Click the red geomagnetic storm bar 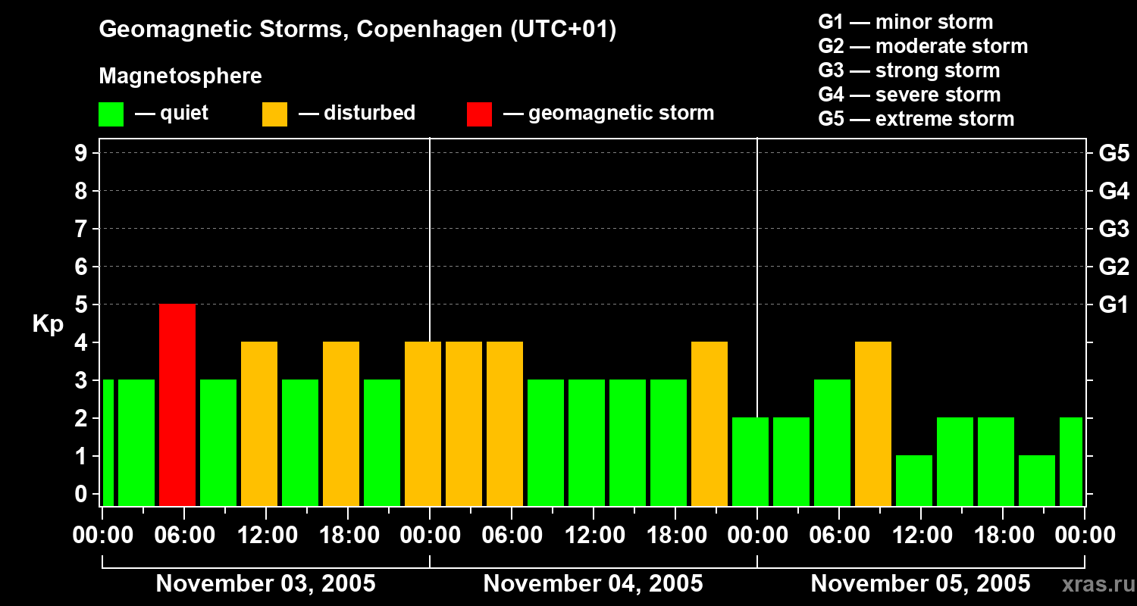(177, 405)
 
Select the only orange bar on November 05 (873, 423)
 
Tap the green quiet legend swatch (111, 114)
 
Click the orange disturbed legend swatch (274, 114)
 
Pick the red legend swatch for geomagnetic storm (479, 114)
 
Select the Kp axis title (48, 324)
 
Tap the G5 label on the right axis (1114, 153)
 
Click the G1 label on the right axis (1114, 305)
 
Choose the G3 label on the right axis (1114, 229)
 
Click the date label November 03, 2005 (265, 583)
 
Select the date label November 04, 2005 (593, 583)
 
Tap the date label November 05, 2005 (920, 583)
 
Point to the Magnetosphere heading (180, 77)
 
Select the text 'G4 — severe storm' (909, 95)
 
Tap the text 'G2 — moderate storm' (922, 46)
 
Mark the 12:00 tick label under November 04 (593, 536)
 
